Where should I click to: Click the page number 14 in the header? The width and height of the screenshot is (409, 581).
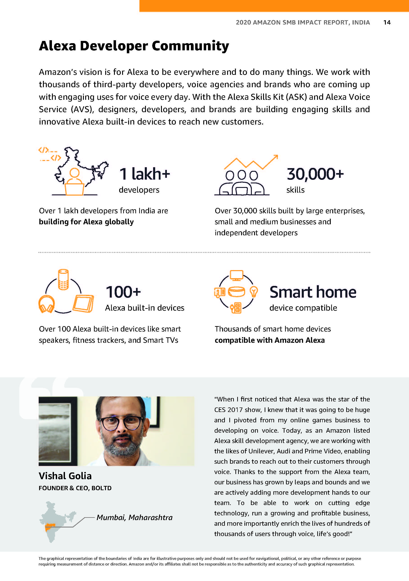[x=387, y=22]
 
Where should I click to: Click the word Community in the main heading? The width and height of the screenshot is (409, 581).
[x=190, y=46]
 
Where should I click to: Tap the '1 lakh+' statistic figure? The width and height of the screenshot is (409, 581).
[x=145, y=174]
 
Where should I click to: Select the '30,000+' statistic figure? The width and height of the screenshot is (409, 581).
[x=315, y=174]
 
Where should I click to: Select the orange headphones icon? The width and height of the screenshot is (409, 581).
[x=46, y=304]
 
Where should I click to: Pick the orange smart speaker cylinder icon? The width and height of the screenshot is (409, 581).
[x=63, y=279]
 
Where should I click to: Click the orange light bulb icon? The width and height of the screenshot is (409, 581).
[x=254, y=292]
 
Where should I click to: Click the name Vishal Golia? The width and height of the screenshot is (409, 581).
[x=65, y=476]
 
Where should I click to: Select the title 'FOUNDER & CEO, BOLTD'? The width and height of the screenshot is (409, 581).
[x=75, y=488]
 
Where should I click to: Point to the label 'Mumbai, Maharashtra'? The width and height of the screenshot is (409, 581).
[x=134, y=517]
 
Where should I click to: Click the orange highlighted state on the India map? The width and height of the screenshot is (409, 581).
[x=50, y=527]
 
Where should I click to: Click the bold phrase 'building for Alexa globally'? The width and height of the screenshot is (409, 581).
[x=86, y=222]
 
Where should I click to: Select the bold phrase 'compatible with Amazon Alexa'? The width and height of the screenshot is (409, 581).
[x=270, y=340]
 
